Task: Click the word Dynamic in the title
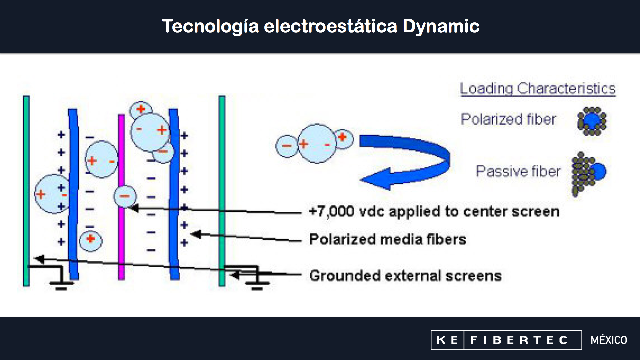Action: tap(441, 26)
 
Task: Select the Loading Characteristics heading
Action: tap(537, 89)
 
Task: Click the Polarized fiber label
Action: tap(508, 119)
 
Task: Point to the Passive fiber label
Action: tap(518, 171)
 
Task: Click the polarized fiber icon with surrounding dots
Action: tap(592, 121)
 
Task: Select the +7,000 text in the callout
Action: tap(331, 211)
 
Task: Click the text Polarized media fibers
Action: tap(387, 239)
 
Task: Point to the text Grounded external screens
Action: tap(405, 276)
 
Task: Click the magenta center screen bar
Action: tap(122, 233)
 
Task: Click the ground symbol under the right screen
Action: tap(257, 283)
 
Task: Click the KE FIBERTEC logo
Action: tap(506, 340)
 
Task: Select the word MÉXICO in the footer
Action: tap(609, 340)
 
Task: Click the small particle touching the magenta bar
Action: tap(125, 196)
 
